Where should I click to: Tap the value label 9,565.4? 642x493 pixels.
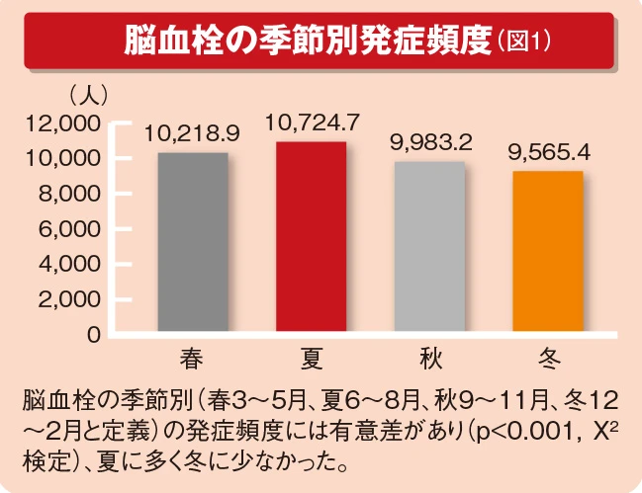(x=547, y=152)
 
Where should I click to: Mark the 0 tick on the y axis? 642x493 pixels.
(x=93, y=335)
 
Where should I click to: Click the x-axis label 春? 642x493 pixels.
(x=192, y=357)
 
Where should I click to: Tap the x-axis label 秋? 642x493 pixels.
(x=428, y=357)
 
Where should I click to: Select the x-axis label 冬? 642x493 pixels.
(x=547, y=357)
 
